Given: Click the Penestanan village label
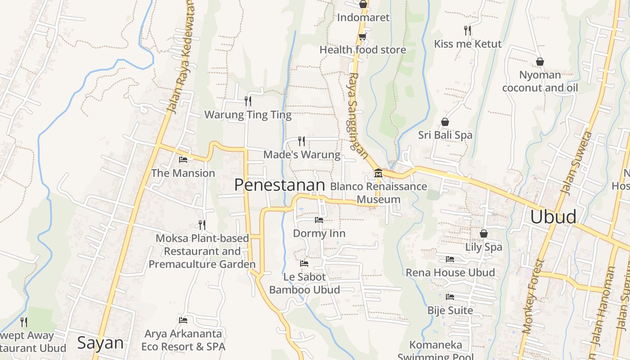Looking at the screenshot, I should click(x=279, y=185).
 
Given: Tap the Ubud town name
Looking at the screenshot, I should click(x=553, y=216).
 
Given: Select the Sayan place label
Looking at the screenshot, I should click(x=100, y=343).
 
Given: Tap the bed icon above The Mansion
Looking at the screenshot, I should click(x=183, y=160).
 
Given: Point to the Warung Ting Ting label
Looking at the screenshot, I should click(x=248, y=115).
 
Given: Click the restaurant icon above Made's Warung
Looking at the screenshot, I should click(x=301, y=141).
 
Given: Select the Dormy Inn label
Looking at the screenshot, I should click(x=319, y=233).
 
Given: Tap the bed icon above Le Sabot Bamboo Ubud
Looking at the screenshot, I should click(x=304, y=264).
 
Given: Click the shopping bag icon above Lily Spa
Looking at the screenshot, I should click(x=484, y=234).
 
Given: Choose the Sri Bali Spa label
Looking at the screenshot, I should click(x=445, y=135).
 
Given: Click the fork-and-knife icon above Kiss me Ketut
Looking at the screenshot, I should click(x=468, y=31).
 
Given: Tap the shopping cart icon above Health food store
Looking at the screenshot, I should click(x=362, y=36).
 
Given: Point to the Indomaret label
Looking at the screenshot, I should click(x=363, y=18).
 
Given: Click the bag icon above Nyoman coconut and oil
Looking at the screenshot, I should click(x=540, y=62).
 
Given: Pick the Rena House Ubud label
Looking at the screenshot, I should click(x=450, y=272).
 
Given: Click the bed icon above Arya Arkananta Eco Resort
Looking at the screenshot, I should click(x=183, y=320).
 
